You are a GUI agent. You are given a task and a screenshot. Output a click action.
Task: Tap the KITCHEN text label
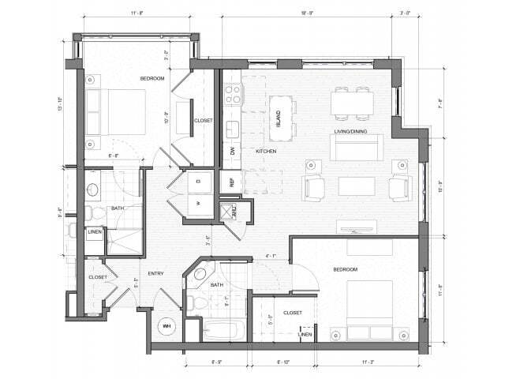point(265,151)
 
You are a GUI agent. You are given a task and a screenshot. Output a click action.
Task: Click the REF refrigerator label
point(232,182)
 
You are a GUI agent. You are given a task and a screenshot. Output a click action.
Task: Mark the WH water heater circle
point(167,326)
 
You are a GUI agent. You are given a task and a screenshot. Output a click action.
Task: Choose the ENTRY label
point(155,273)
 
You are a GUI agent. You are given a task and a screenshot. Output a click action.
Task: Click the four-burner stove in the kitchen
point(234,95)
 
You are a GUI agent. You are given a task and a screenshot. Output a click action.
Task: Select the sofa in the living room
point(356,146)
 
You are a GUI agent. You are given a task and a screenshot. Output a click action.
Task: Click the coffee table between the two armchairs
point(357,186)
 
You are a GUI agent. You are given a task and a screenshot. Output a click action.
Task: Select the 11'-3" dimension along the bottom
point(368,362)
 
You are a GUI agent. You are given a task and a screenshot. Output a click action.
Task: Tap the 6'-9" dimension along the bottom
point(216,362)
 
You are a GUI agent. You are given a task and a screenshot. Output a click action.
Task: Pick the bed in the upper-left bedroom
point(117,112)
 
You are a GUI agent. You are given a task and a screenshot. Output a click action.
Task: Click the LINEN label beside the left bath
point(95,232)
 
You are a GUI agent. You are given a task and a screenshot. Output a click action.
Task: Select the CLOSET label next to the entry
point(98,277)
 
